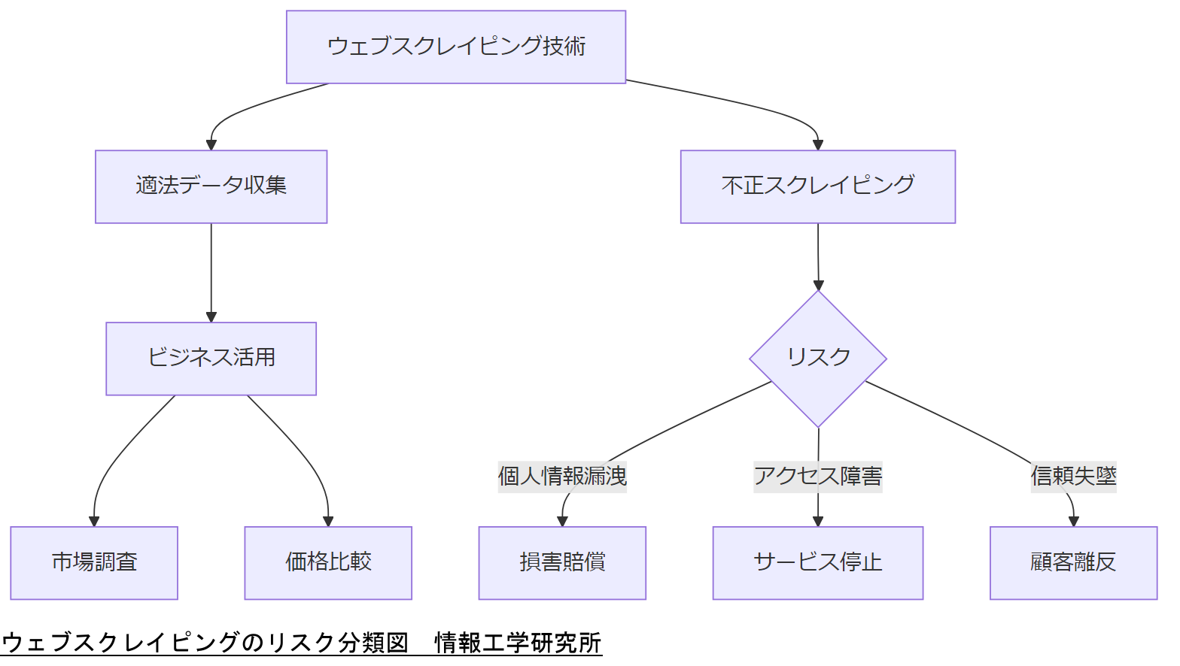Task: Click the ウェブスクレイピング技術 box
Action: tap(456, 47)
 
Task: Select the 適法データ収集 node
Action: tap(211, 186)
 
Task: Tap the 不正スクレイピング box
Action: tap(817, 186)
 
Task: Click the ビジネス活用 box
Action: tap(211, 359)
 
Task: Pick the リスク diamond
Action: tap(817, 359)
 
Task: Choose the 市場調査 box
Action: tap(94, 562)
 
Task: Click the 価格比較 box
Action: tap(328, 562)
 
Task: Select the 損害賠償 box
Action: tap(562, 562)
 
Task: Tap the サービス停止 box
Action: tap(817, 562)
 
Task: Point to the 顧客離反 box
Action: tap(1073, 562)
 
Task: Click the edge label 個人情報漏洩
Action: tap(562, 477)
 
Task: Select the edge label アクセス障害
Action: tap(817, 477)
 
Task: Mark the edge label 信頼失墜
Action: tap(1073, 477)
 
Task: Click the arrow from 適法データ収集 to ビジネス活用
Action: tap(211, 271)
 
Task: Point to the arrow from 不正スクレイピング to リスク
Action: tap(818, 256)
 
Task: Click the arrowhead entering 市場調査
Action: tap(94, 521)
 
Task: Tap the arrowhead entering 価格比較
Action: tap(328, 521)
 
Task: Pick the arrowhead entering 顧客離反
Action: tap(1074, 521)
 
